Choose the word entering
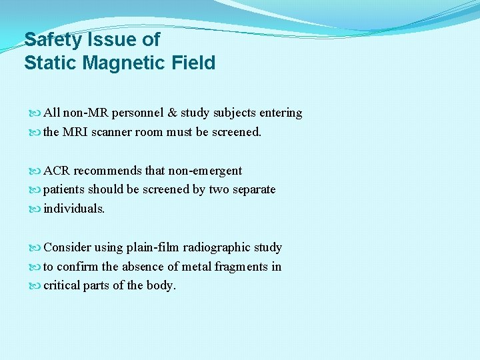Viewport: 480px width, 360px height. tap(280, 113)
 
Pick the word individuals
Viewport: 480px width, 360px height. tap(73, 209)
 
